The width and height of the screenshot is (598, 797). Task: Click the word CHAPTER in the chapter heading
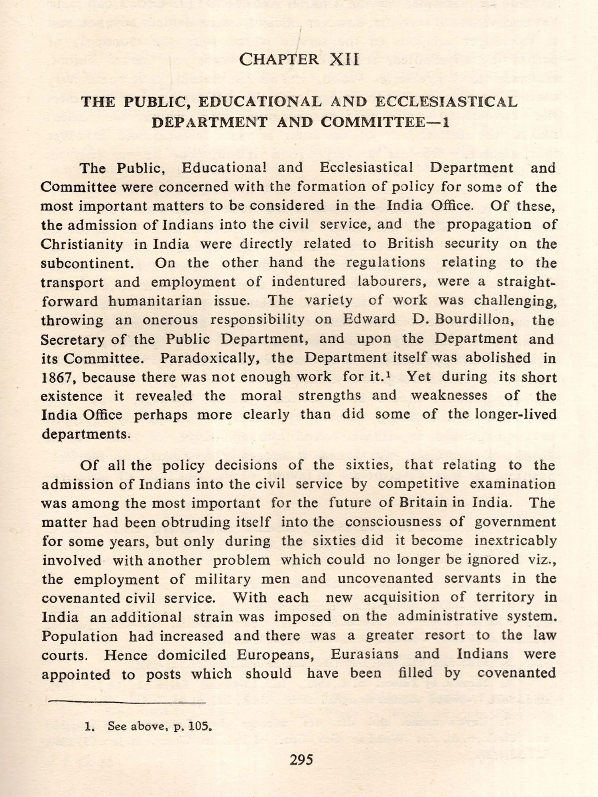(279, 60)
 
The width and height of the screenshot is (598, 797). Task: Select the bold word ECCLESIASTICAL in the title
(446, 102)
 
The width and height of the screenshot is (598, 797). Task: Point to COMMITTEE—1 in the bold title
(385, 122)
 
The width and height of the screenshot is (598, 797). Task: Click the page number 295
(301, 760)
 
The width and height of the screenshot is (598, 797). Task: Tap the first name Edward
(369, 320)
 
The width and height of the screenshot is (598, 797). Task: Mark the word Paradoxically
(210, 358)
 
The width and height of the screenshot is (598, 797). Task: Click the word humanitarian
(155, 301)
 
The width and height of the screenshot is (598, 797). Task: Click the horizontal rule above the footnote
(127, 703)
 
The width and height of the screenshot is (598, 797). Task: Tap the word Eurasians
(364, 654)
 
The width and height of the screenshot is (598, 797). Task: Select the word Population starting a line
(80, 636)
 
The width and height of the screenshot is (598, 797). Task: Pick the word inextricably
(515, 541)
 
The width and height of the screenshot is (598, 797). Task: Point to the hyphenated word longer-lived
(515, 414)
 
